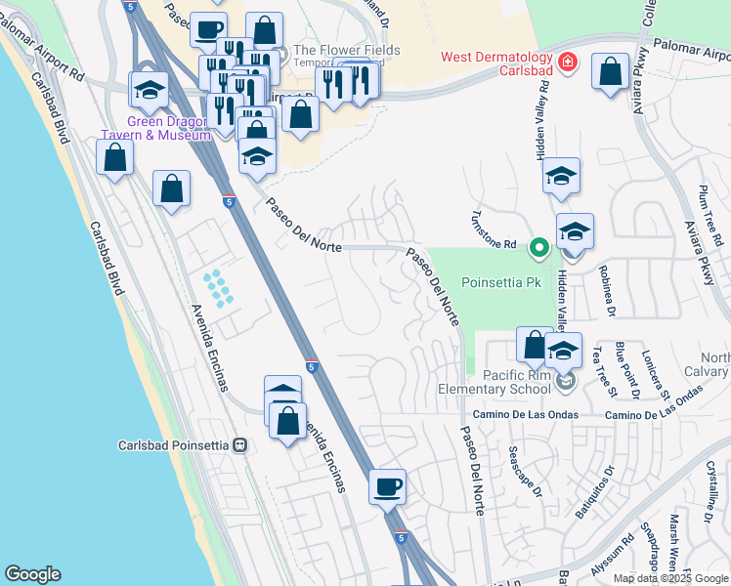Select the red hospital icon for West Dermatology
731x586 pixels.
(567, 64)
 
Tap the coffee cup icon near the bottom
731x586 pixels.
(388, 485)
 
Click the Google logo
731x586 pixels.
(33, 574)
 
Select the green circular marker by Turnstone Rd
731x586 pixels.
(537, 248)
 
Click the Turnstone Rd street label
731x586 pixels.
(494, 231)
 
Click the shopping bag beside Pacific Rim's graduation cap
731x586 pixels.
(535, 346)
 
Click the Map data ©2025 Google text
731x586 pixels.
(669, 578)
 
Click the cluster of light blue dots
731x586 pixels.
(218, 288)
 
